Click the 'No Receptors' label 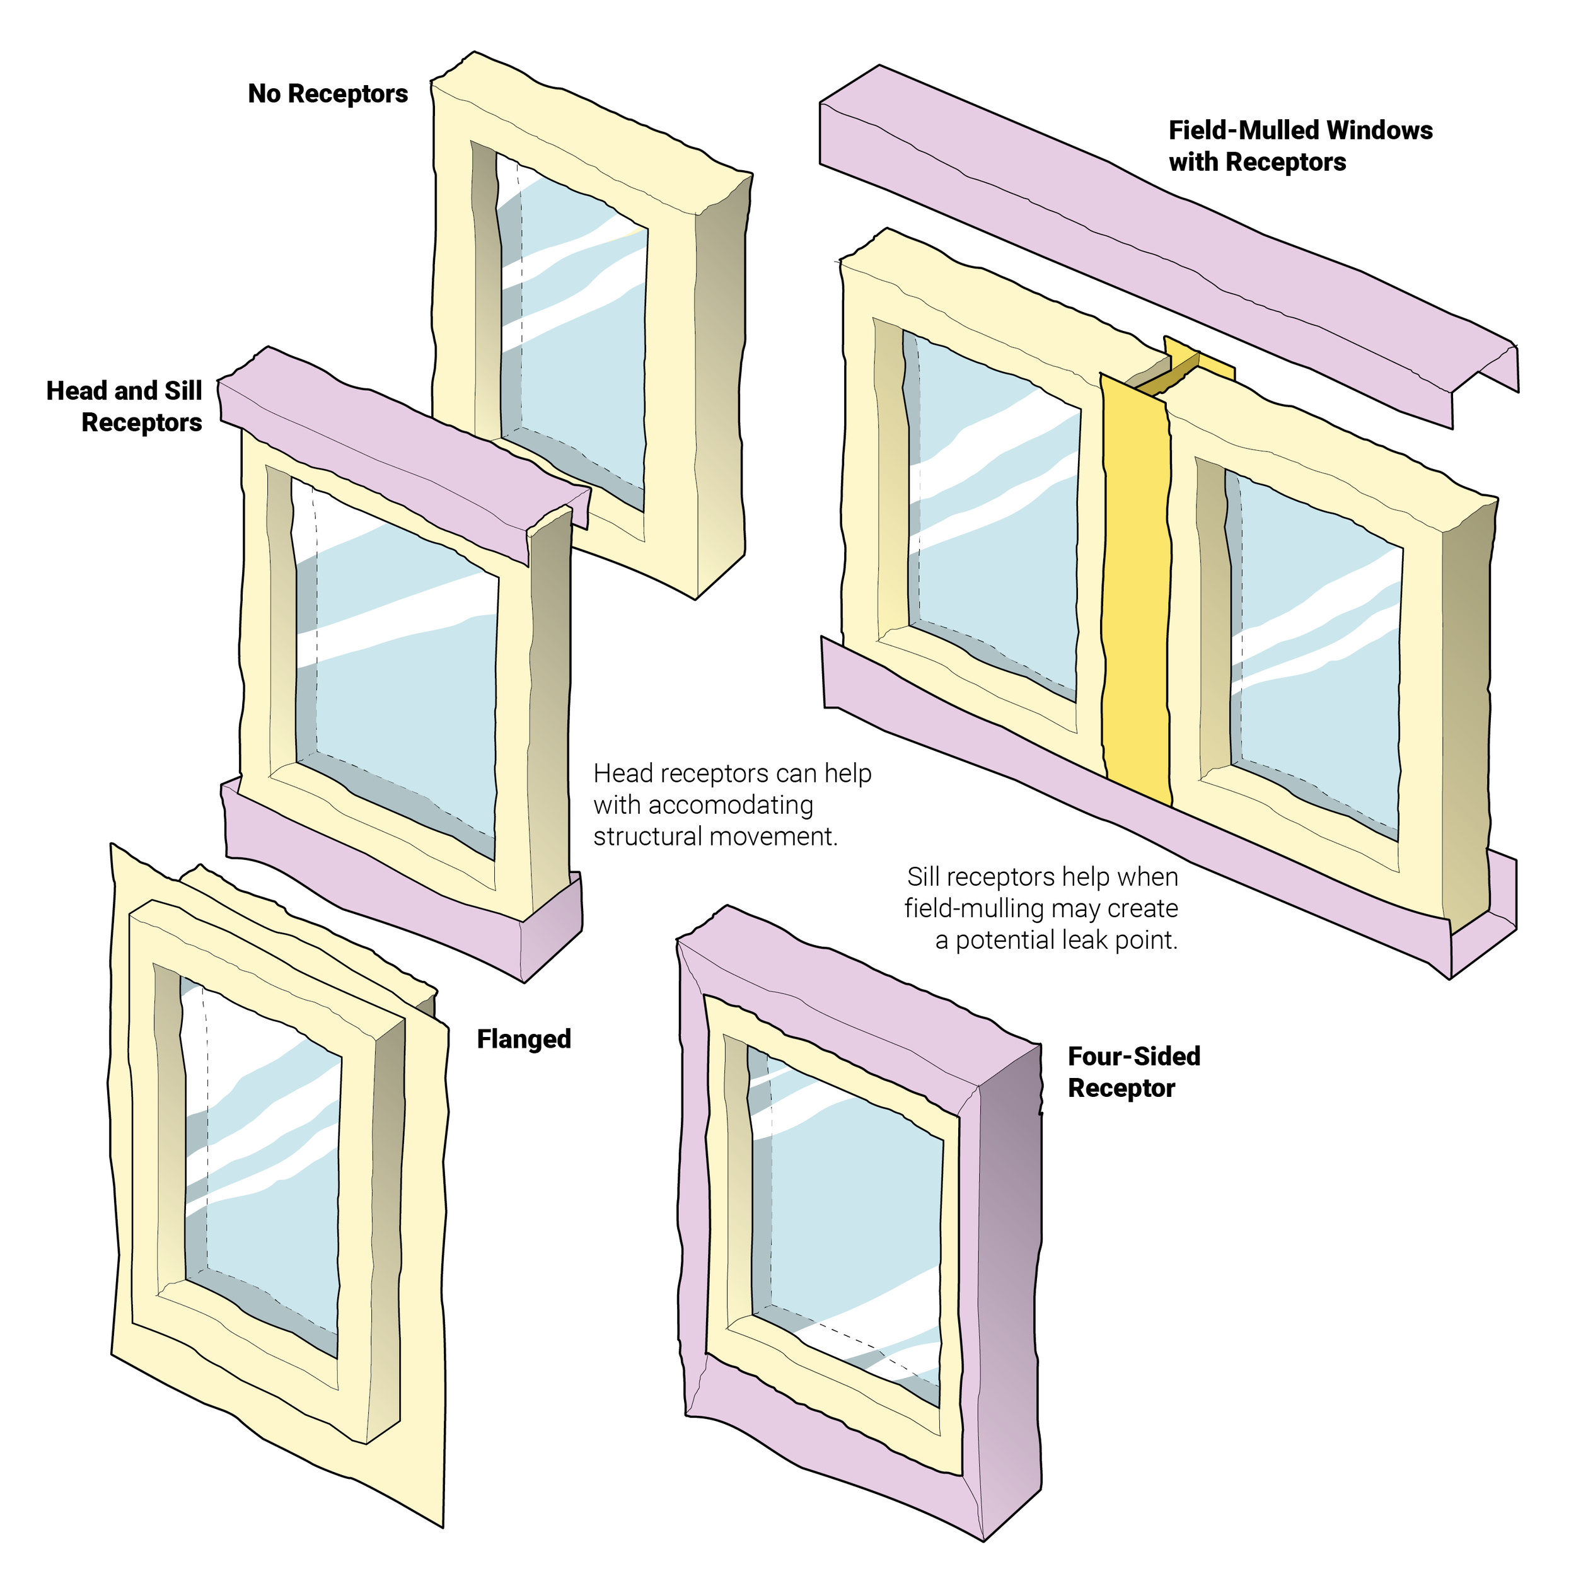(327, 94)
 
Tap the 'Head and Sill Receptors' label (125, 406)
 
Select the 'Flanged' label (524, 1040)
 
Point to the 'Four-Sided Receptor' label (1133, 1072)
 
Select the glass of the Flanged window (269, 1183)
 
